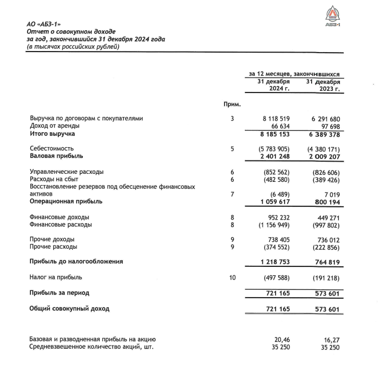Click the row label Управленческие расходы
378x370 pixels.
pos(66,172)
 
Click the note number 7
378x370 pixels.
pos(232,195)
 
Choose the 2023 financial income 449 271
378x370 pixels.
pos(325,217)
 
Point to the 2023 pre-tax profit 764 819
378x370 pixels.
pos(325,262)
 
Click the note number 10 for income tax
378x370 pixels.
pos(232,277)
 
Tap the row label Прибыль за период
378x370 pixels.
pos(59,293)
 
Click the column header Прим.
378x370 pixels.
pos(232,104)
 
